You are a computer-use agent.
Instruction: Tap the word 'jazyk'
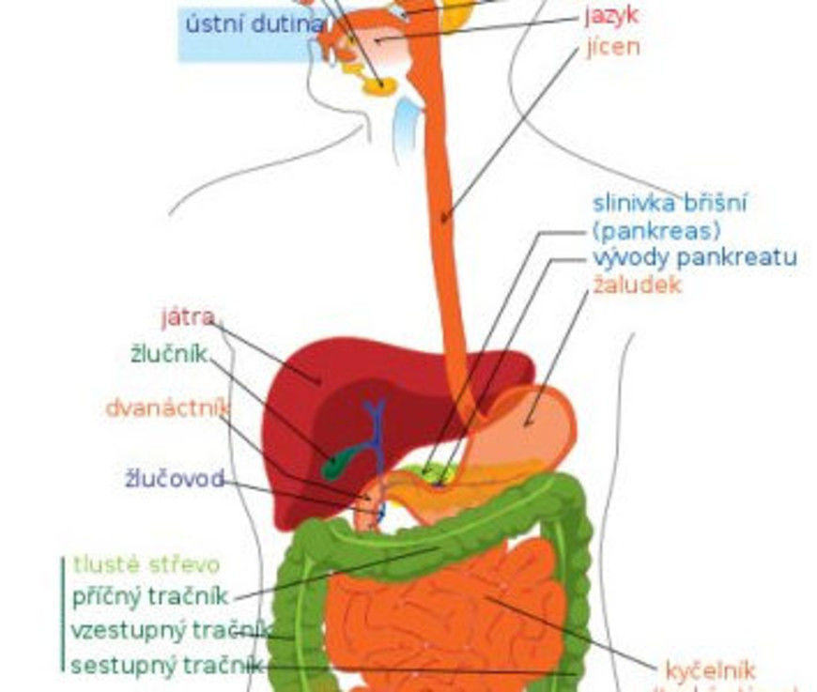pos(612,15)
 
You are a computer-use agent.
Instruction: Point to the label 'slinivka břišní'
pos(671,203)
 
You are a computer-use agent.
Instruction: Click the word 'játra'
pos(187,315)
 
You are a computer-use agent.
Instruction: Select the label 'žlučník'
pos(169,355)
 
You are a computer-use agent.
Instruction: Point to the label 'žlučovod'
pos(175,480)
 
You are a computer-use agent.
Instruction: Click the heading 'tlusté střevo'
pos(146,565)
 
